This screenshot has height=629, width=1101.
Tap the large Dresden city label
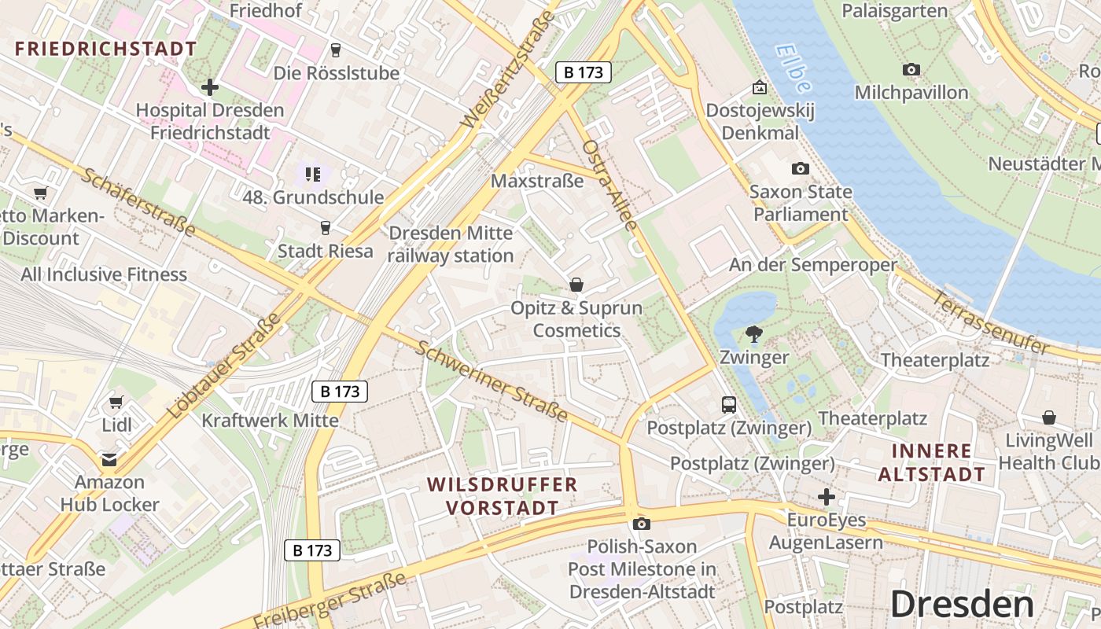click(x=962, y=605)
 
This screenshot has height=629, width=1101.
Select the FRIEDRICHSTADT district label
click(x=105, y=49)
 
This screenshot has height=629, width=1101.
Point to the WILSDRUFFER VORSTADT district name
click(x=503, y=496)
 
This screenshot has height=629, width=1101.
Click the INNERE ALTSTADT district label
click(x=931, y=463)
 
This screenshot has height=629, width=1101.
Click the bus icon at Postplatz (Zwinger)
click(x=729, y=405)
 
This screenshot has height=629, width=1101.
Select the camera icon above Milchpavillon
click(x=911, y=70)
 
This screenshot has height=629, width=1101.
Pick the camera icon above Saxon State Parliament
click(x=800, y=168)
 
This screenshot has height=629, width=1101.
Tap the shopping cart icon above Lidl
click(x=116, y=402)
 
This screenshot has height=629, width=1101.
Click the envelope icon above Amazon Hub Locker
click(x=109, y=459)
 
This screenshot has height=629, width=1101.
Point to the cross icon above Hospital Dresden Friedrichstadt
click(x=209, y=86)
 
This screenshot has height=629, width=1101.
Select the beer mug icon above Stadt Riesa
click(x=325, y=228)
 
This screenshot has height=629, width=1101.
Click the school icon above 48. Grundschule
click(x=312, y=174)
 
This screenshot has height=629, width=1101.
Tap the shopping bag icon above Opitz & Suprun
click(x=576, y=285)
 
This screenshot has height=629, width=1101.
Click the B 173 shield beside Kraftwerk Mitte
click(x=340, y=391)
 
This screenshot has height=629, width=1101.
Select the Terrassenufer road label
click(x=992, y=322)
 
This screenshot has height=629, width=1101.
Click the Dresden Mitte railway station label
click(x=451, y=245)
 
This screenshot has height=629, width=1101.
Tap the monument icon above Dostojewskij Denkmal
click(x=759, y=87)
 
